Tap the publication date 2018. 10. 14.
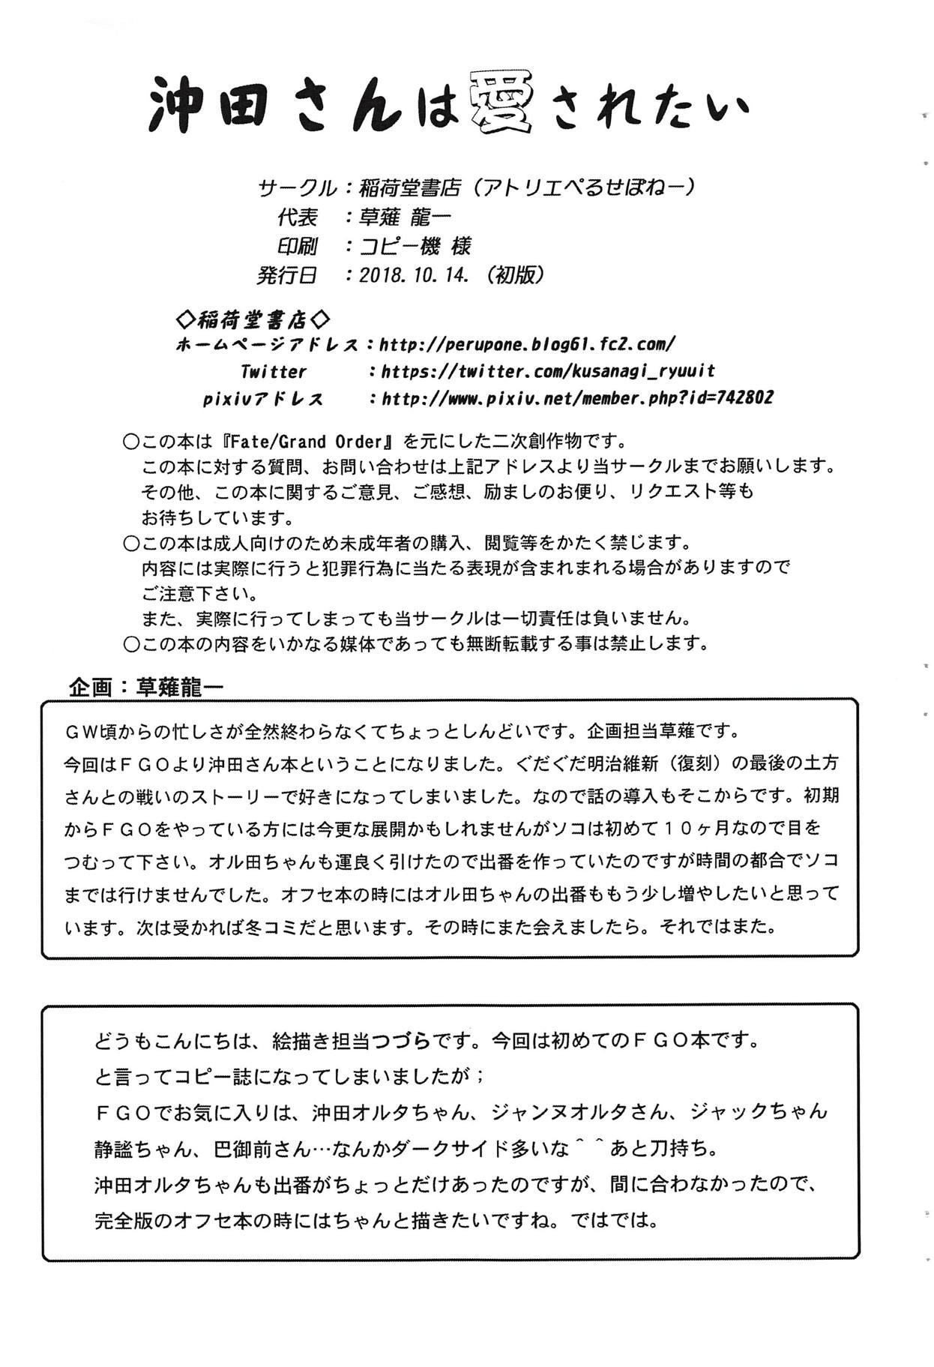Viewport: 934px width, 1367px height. point(414,275)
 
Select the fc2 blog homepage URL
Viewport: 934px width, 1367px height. point(528,344)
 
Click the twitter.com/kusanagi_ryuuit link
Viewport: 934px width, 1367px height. point(548,371)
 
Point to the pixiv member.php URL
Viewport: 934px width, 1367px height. point(577,398)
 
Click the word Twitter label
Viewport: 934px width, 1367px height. point(273,372)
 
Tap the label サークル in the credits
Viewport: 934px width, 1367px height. point(296,187)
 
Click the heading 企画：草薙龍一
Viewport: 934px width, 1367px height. point(146,686)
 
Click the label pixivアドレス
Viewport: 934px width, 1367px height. point(263,399)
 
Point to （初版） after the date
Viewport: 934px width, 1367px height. point(515,275)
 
